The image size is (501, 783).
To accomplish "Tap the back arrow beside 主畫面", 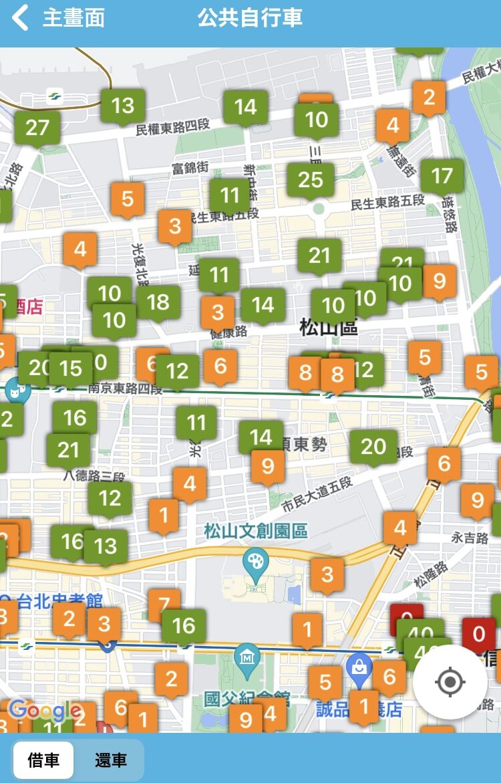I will tap(21, 18).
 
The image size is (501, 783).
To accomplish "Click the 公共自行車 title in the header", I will tap(250, 18).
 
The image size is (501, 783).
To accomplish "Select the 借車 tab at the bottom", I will tap(43, 760).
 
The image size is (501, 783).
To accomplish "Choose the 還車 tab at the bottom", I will tap(110, 760).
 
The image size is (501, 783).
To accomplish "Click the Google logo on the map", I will tap(45, 710).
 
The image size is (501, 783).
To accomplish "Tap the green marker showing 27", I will tap(37, 127).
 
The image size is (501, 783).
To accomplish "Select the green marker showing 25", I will tap(311, 179).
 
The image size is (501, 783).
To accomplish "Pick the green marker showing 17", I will tap(442, 176).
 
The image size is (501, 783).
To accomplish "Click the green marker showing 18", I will tap(158, 302).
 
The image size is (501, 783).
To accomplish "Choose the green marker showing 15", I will tap(71, 368).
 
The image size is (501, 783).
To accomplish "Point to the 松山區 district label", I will tap(328, 328).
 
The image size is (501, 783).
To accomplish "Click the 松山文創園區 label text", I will tap(256, 532).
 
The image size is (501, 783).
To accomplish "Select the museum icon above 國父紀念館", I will tap(248, 657).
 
